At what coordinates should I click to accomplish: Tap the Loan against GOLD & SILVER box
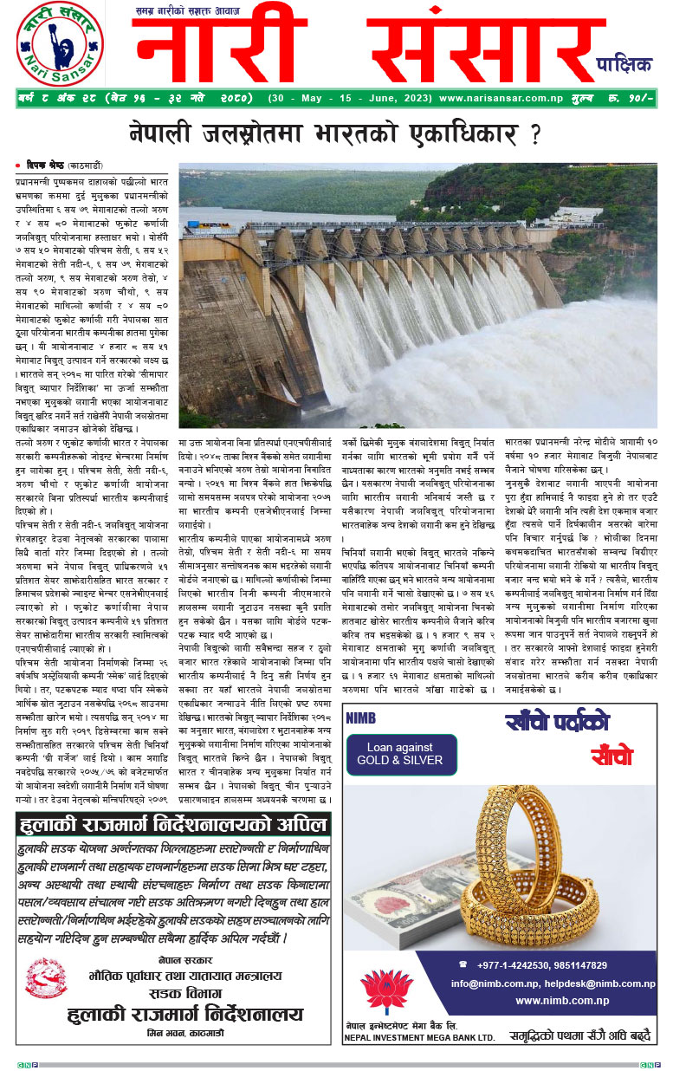(400, 754)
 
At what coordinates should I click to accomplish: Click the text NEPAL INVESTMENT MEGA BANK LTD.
(419, 1035)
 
